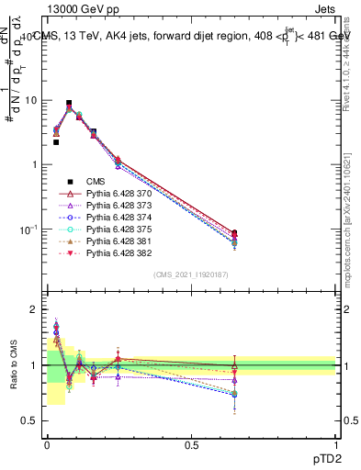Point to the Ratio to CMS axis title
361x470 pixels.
(13, 365)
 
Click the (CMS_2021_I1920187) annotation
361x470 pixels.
(191, 274)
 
